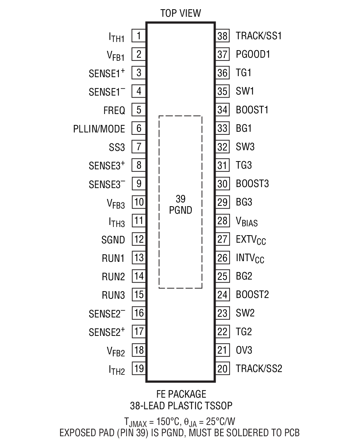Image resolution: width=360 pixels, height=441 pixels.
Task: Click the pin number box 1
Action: [x=139, y=36]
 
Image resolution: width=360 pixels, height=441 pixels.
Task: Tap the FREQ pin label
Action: [x=114, y=111]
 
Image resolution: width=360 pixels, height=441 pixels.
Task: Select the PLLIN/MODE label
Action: [x=99, y=129]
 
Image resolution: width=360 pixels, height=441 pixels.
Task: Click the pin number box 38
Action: [x=222, y=36]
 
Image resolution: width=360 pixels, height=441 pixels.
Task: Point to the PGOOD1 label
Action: [x=253, y=54]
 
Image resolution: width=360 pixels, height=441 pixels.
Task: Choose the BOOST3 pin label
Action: [x=252, y=184]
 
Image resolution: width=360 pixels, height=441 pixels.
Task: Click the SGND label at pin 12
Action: [x=113, y=240]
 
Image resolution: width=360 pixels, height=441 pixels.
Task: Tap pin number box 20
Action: [x=222, y=369]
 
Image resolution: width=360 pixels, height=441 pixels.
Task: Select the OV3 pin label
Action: [x=244, y=350]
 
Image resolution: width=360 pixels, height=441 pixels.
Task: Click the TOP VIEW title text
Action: [x=181, y=13]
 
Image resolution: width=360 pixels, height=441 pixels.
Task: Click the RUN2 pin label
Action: [x=113, y=277]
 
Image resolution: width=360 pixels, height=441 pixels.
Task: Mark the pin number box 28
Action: [x=222, y=221]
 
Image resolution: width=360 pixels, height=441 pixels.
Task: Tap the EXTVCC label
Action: [x=250, y=240]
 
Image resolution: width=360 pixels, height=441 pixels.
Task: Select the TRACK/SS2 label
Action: [x=259, y=369]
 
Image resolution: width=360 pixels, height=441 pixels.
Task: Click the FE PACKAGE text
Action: [x=181, y=394]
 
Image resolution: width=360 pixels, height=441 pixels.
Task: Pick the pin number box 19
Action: [x=139, y=369]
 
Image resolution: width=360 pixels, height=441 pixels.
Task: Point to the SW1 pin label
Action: [x=245, y=91]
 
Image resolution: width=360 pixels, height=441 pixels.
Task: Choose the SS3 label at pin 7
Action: [x=117, y=148]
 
